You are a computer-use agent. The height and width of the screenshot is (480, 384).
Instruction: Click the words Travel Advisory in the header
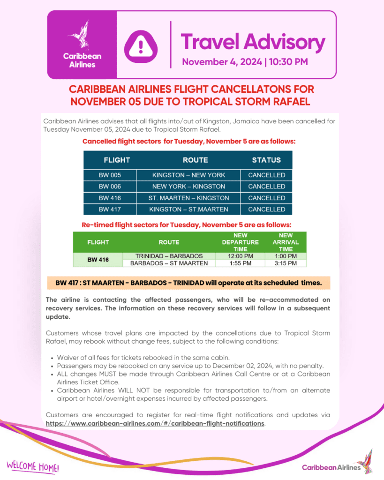[253, 42]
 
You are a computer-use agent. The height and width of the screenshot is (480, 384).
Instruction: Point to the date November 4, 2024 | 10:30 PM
[245, 62]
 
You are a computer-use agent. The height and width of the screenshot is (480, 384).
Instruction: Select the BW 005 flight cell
[110, 175]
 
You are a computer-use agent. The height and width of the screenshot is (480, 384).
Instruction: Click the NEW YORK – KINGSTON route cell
[188, 186]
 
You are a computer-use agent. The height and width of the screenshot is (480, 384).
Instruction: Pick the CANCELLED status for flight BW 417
[266, 209]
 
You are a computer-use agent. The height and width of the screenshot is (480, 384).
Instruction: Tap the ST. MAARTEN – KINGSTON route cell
[188, 198]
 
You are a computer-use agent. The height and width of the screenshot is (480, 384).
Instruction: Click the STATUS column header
[266, 160]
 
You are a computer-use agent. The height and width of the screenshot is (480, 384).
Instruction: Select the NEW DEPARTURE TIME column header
[240, 242]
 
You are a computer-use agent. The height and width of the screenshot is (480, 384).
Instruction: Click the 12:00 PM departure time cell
[240, 256]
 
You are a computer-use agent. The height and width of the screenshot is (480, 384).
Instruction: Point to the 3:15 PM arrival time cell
[286, 263]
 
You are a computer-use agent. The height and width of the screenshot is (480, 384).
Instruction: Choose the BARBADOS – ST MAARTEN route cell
[169, 263]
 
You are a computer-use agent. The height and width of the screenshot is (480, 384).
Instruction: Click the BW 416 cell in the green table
[98, 260]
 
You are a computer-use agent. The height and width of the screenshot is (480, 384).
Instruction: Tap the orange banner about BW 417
[188, 283]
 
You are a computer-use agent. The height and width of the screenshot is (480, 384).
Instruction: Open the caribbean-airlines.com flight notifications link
[155, 423]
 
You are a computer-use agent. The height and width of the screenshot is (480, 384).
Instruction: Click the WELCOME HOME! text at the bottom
[33, 466]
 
